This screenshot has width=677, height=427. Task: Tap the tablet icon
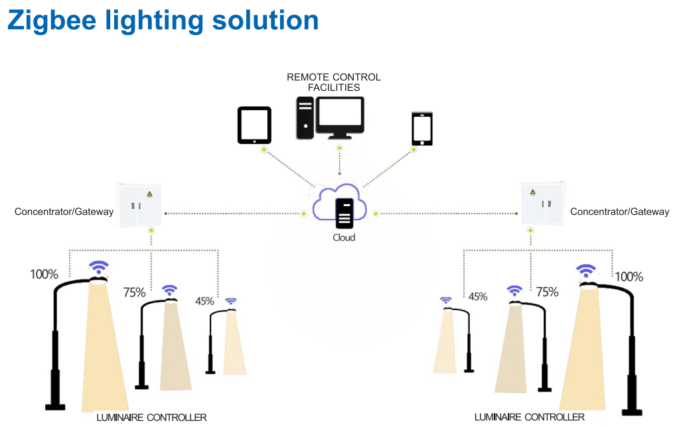tap(255, 125)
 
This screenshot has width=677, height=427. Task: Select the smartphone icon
tap(422, 129)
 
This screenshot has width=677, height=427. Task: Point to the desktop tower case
tap(305, 118)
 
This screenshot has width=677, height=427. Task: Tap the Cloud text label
tap(343, 237)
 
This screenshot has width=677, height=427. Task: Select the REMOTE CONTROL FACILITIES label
tap(333, 82)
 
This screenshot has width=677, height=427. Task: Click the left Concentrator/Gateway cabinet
tap(140, 205)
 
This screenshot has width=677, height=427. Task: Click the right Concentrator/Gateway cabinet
tap(543, 204)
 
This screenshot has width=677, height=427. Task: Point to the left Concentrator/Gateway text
tap(64, 212)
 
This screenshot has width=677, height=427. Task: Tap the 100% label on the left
tap(44, 274)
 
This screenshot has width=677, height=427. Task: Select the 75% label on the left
tap(135, 292)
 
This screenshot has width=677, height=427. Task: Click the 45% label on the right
tap(477, 296)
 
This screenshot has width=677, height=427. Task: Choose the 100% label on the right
tap(629, 277)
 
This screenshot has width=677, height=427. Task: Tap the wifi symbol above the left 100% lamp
tap(99, 268)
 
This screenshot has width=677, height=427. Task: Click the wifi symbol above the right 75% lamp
tap(514, 290)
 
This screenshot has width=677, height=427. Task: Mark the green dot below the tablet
tap(264, 151)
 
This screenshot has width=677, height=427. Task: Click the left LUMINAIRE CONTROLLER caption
tap(151, 417)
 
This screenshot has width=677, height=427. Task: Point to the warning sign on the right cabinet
tap(532, 193)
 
